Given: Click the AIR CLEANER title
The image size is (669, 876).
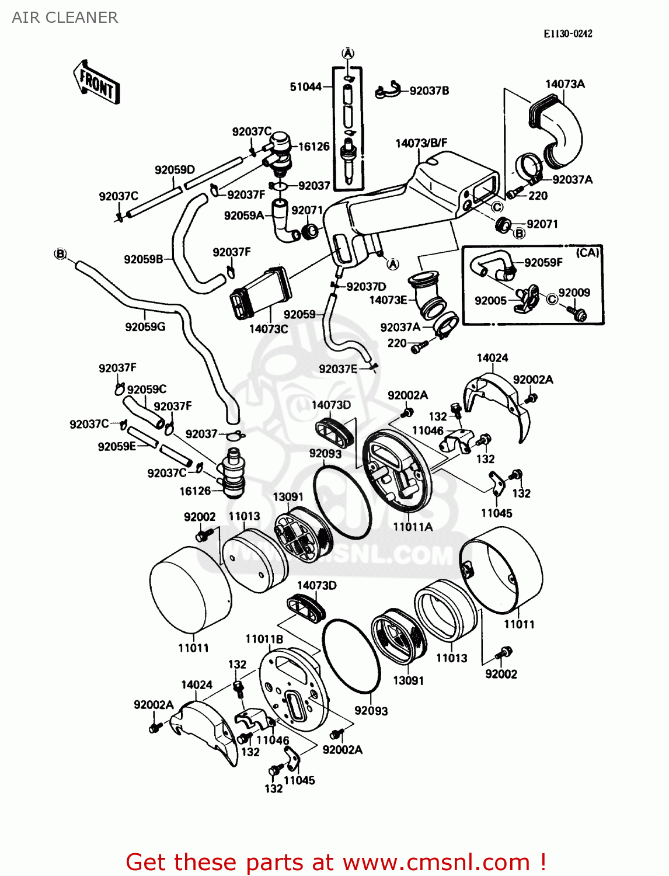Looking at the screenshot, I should click(65, 18).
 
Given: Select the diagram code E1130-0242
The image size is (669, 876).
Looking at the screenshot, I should click(567, 34).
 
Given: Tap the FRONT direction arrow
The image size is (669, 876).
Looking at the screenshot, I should click(97, 82).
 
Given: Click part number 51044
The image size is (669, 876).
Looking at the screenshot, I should click(306, 87).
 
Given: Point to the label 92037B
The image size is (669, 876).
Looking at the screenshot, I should click(429, 91).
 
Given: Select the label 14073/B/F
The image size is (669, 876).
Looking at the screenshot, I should click(421, 143).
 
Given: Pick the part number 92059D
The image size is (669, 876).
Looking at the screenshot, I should click(175, 170).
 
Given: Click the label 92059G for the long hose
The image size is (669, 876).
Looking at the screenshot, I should click(145, 327).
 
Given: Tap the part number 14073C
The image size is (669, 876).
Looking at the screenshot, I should click(269, 329).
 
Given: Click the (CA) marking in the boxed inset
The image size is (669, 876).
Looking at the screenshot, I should click(587, 253).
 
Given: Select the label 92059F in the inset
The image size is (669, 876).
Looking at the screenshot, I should click(543, 263).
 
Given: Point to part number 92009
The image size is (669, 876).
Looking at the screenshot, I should click(574, 293).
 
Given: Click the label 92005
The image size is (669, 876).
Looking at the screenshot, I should click(490, 301).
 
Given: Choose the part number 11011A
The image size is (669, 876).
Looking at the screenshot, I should click(413, 527).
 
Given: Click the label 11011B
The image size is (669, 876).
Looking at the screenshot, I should click(264, 639).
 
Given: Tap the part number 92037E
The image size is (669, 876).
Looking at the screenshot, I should click(338, 369).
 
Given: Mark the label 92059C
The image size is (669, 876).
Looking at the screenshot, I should click(147, 390).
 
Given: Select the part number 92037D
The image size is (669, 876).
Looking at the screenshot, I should click(366, 287).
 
